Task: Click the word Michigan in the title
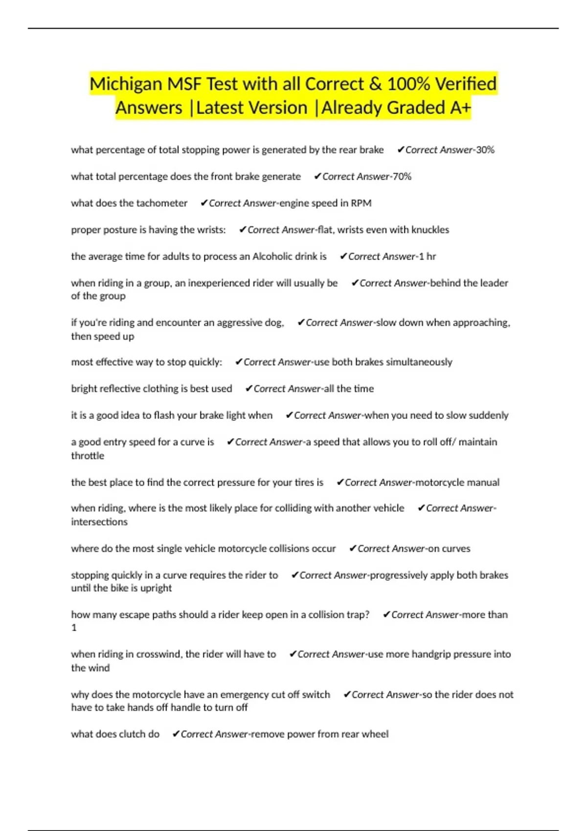coord(125,85)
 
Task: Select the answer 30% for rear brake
coord(485,150)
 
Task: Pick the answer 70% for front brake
coord(402,176)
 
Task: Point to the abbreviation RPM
coord(361,203)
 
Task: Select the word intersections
coord(99,522)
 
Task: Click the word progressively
coord(399,575)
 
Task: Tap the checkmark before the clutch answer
coord(176,734)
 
